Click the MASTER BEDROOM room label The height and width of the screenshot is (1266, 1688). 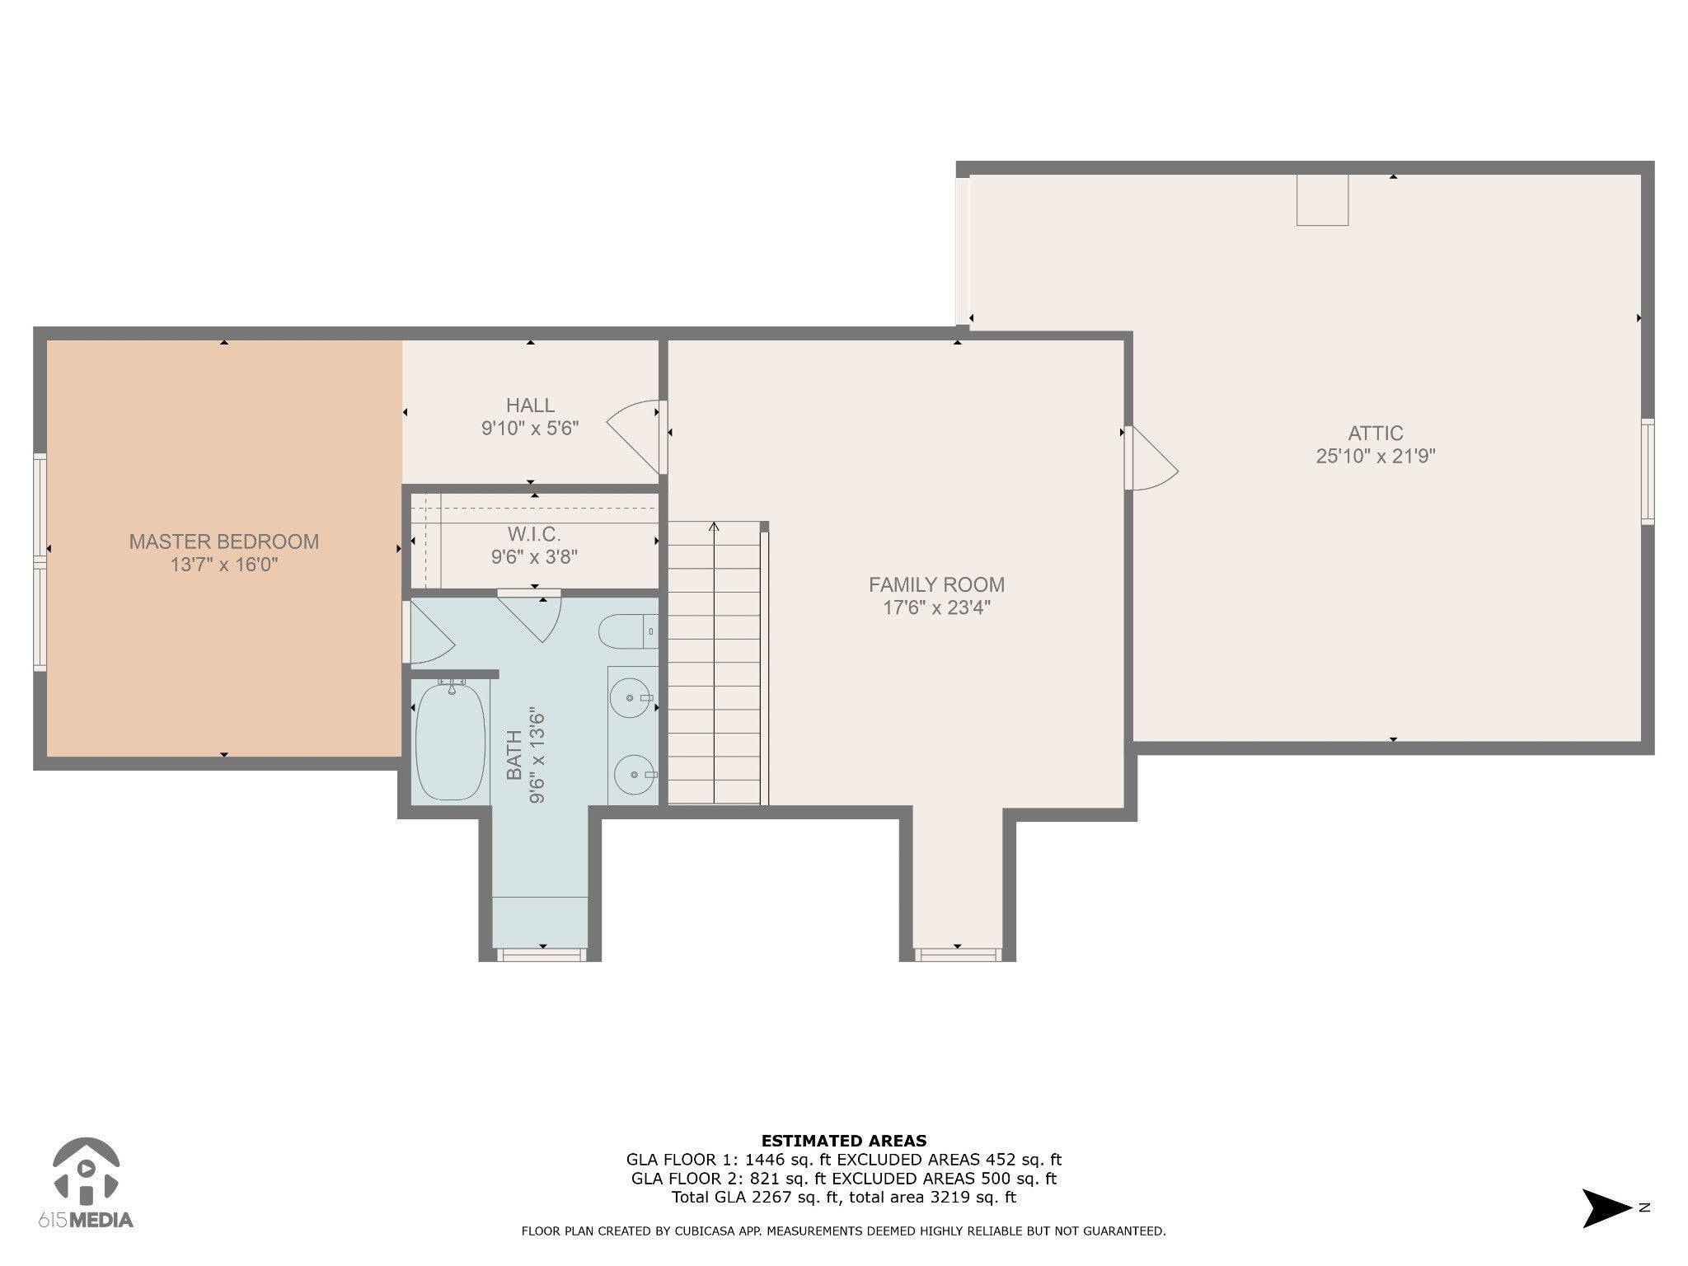click(x=223, y=542)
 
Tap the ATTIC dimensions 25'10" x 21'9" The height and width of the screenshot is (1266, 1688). click(x=1376, y=456)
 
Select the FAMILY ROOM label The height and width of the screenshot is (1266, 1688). click(x=936, y=584)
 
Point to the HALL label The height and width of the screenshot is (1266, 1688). click(x=530, y=405)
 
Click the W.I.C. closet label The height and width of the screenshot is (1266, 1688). click(x=534, y=534)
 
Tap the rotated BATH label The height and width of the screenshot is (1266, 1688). click(x=514, y=755)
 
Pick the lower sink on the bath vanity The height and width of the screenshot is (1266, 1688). click(x=636, y=775)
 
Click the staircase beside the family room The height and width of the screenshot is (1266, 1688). click(x=714, y=663)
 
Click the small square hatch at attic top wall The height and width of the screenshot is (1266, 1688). click(x=1322, y=199)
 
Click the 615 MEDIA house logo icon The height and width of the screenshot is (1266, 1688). click(x=86, y=1170)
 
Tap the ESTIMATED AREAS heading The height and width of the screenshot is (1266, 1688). click(x=844, y=1141)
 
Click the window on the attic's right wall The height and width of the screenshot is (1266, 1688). click(x=1648, y=471)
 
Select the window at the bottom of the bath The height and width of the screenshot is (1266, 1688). click(x=542, y=954)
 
